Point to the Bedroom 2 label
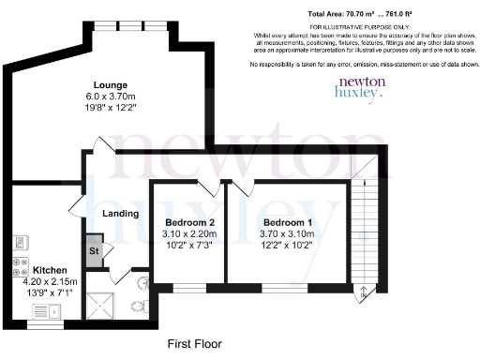185,222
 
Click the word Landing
121,214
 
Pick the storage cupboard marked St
95,251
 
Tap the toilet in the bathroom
137,307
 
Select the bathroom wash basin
143,282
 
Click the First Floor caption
194,344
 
